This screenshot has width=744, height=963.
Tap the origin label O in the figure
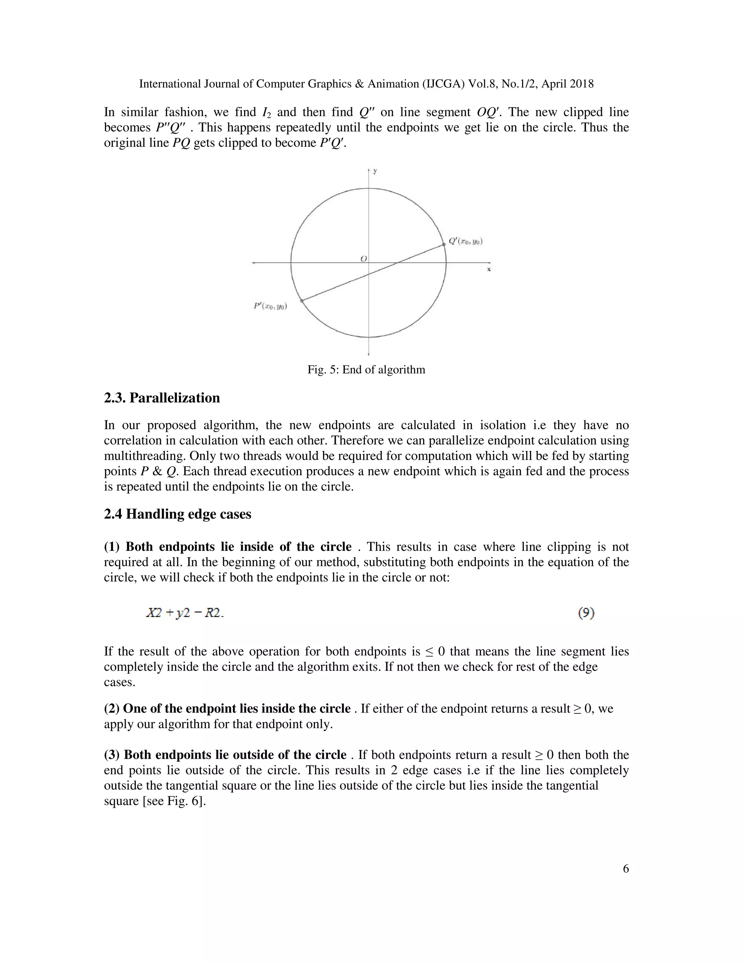coord(364,259)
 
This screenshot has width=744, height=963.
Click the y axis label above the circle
coord(375,171)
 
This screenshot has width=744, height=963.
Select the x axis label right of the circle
coord(489,269)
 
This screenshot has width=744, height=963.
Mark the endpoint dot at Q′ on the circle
coord(444,244)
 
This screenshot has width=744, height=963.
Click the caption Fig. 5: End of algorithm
coord(366,370)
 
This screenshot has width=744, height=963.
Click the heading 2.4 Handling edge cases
coord(178,514)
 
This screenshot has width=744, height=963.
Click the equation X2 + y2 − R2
coord(185,613)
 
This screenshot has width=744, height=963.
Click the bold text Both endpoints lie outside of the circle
coord(225,755)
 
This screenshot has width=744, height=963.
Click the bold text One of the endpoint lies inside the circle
coord(227,709)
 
